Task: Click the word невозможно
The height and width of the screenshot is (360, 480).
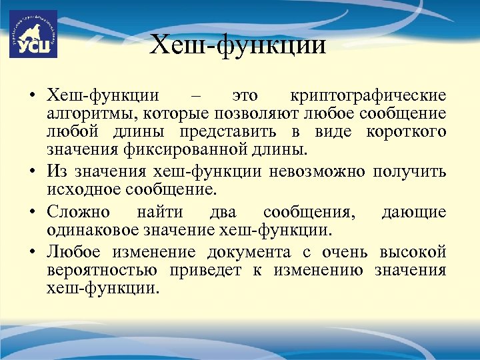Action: coord(317,172)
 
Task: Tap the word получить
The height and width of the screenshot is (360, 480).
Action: coord(409,172)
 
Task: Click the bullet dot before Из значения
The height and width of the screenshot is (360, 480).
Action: coord(32,173)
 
